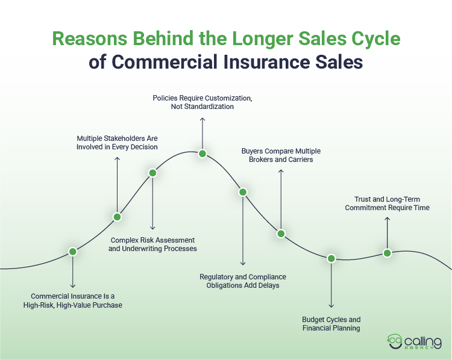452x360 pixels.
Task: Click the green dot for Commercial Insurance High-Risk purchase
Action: (72, 252)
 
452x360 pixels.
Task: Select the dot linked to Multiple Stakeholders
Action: (118, 217)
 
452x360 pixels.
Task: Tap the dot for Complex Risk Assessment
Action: (152, 173)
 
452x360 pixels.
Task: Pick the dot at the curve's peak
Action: (202, 154)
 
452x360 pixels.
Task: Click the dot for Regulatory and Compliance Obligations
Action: (243, 192)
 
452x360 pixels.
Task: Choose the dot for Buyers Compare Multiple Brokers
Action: (280, 234)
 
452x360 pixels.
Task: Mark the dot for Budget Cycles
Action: (331, 258)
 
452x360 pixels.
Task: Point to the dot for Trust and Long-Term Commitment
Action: (387, 253)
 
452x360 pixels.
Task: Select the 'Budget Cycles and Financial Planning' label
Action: (331, 324)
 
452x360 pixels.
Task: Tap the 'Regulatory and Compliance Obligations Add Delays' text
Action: (243, 281)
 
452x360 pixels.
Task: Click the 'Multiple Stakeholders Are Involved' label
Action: (117, 142)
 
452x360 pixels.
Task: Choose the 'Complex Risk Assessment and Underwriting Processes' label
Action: (152, 244)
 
